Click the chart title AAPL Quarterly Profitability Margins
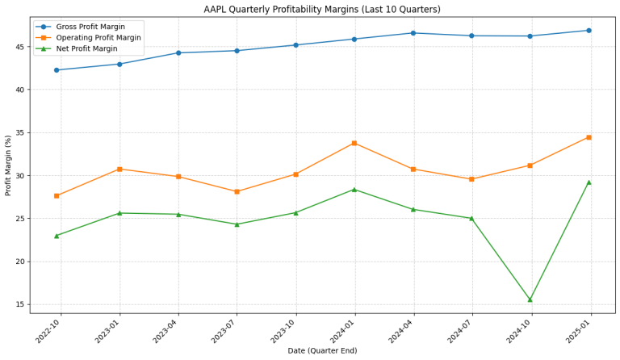pos(310,9)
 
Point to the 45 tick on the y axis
pos(19,47)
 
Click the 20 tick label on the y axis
pos(19,262)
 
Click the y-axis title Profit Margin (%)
pos(9,165)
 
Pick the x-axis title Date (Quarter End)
pos(322,351)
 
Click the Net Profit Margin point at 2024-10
pos(530,299)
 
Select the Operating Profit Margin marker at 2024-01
pos(354,143)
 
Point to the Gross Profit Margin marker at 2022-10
pos(57,70)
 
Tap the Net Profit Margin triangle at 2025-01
pos(589,182)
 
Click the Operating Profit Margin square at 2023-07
pos(237,191)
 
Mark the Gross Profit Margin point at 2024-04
pos(413,33)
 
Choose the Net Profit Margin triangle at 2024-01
pos(354,190)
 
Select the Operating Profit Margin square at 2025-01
pos(589,137)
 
